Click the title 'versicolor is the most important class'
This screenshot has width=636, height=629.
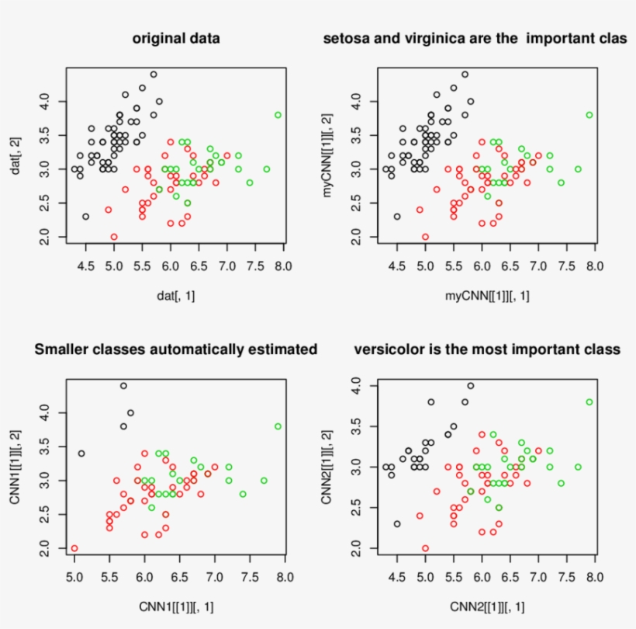click(487, 349)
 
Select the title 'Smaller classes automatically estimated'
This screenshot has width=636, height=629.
click(176, 349)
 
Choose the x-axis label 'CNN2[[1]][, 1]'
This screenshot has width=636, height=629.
click(487, 605)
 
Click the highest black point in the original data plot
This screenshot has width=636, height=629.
click(154, 75)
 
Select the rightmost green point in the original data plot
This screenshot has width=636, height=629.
click(278, 115)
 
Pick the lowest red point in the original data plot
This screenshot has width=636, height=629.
click(114, 237)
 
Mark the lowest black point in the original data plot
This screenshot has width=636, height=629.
click(85, 217)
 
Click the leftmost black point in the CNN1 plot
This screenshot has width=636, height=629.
click(81, 453)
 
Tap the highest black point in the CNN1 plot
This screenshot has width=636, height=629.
click(123, 385)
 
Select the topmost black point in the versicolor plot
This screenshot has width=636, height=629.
click(470, 386)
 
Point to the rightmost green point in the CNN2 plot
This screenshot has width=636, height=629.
click(589, 402)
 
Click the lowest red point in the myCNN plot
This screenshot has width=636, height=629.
click(425, 237)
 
